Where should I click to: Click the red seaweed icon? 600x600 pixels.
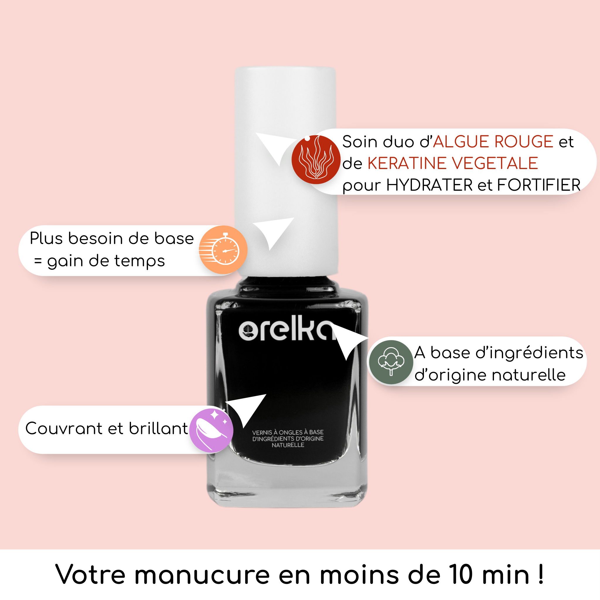click(x=316, y=160)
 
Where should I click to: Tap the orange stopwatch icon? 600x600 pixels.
click(x=223, y=250)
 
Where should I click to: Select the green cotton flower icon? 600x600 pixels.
click(x=391, y=362)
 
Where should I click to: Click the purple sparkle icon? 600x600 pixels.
click(x=211, y=430)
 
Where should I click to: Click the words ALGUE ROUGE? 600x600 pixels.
click(x=493, y=142)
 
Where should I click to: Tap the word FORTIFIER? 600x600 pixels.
click(x=539, y=185)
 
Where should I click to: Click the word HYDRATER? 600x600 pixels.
click(x=429, y=185)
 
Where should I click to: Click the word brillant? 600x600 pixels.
click(x=158, y=429)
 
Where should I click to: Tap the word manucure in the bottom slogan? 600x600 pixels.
click(x=202, y=575)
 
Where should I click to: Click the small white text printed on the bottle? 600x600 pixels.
click(x=288, y=439)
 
